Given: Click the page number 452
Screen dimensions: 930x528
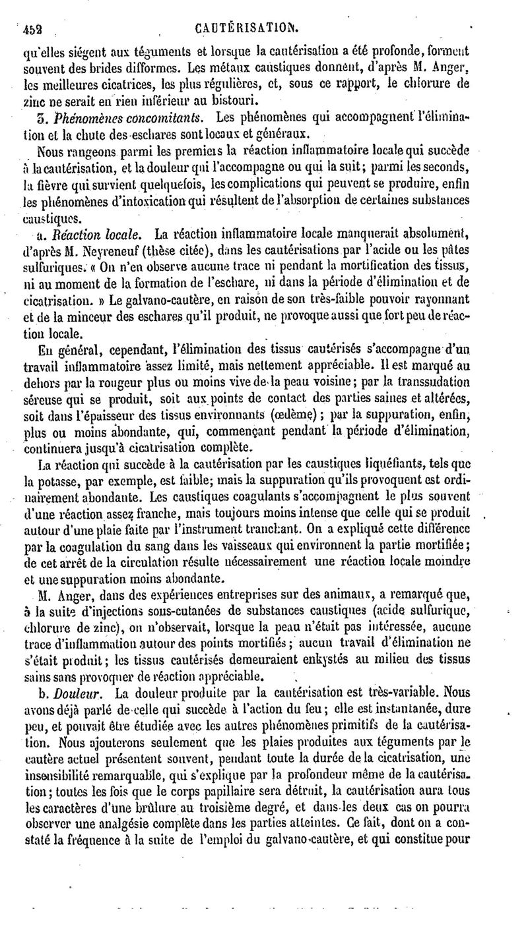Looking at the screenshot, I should pyautogui.click(x=32, y=11).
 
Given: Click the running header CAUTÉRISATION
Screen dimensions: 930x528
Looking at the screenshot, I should pyautogui.click(x=247, y=10).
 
